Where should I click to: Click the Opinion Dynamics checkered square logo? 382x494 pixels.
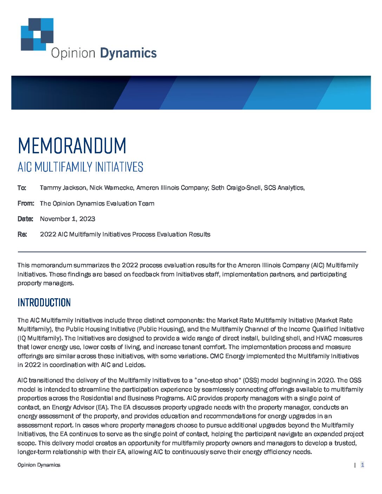point(37,34)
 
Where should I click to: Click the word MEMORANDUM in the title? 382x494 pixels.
point(72,146)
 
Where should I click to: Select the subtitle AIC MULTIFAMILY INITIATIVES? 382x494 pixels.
point(80,167)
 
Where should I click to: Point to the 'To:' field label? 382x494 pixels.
point(22,188)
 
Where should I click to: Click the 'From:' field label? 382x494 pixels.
point(26,203)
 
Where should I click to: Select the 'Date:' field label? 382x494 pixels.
point(25,219)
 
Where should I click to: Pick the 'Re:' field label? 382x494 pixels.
point(22,234)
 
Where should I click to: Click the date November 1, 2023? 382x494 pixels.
point(67,219)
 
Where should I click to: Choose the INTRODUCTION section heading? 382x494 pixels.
point(44,302)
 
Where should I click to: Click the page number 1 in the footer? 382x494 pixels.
point(362,465)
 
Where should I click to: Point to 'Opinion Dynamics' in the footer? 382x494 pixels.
point(39,465)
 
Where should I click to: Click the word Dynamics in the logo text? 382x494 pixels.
point(128,53)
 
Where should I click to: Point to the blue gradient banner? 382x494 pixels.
point(191,93)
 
